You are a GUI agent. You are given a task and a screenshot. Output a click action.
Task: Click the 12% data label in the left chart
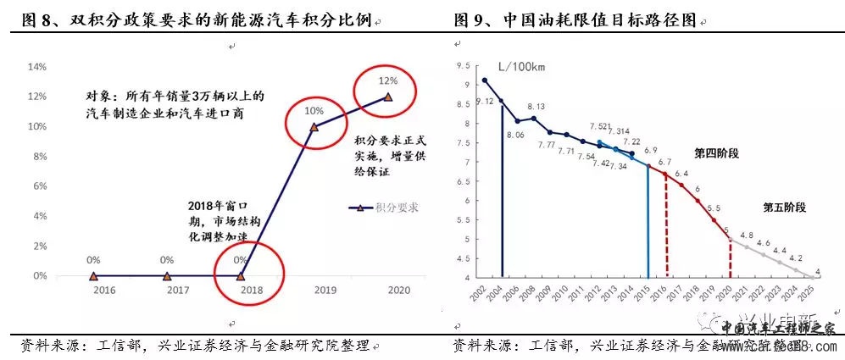point(387,81)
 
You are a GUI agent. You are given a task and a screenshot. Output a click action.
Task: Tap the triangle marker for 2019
point(314,127)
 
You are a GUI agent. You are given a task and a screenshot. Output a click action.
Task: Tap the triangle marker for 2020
point(388,97)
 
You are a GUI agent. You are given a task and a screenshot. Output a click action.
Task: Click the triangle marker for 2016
point(93,275)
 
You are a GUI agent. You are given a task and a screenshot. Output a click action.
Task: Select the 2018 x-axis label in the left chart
point(241,291)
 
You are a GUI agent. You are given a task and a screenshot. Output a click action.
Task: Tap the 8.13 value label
point(536,107)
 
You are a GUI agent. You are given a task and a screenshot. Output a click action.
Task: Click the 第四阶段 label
point(716,153)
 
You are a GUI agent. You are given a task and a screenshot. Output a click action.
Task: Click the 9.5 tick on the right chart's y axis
point(463,65)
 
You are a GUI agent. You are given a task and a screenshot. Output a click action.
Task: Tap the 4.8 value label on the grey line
point(747,235)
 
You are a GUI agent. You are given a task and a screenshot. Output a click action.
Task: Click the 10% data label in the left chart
point(314,111)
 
